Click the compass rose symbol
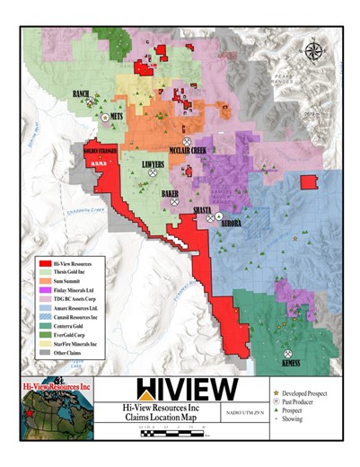click(x=313, y=51)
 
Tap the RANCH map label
click(x=81, y=94)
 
